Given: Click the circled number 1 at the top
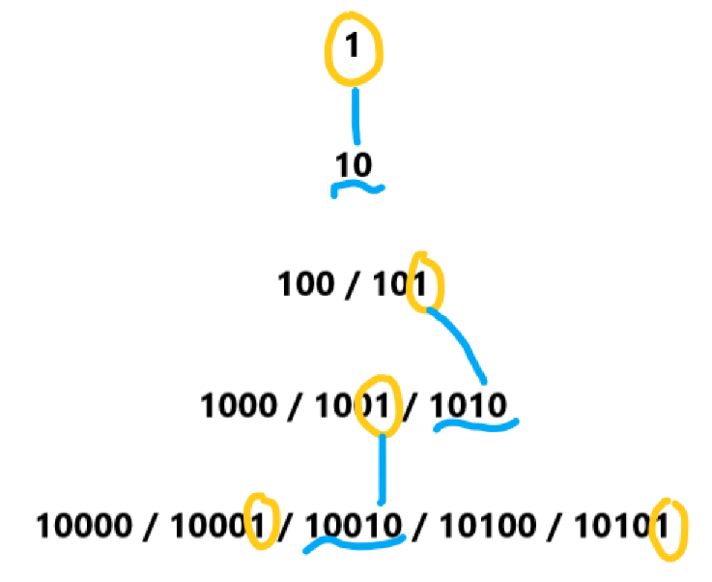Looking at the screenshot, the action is click(352, 45).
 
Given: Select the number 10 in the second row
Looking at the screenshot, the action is click(353, 165).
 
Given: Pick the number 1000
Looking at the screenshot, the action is click(237, 405).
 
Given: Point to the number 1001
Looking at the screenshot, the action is click(354, 405).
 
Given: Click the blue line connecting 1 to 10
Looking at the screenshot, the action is click(356, 116).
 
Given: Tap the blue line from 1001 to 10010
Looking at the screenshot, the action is click(383, 469).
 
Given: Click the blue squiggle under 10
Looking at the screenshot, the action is click(357, 189).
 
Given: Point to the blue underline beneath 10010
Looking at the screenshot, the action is click(353, 544).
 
